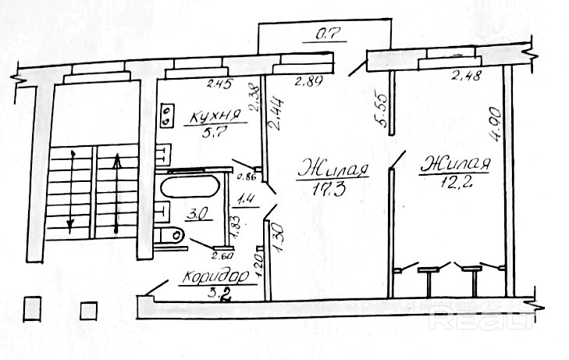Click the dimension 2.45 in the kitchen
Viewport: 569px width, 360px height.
pos(219,84)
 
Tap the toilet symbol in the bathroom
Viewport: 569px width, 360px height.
pos(171,234)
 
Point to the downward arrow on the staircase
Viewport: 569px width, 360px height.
pos(71,191)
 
